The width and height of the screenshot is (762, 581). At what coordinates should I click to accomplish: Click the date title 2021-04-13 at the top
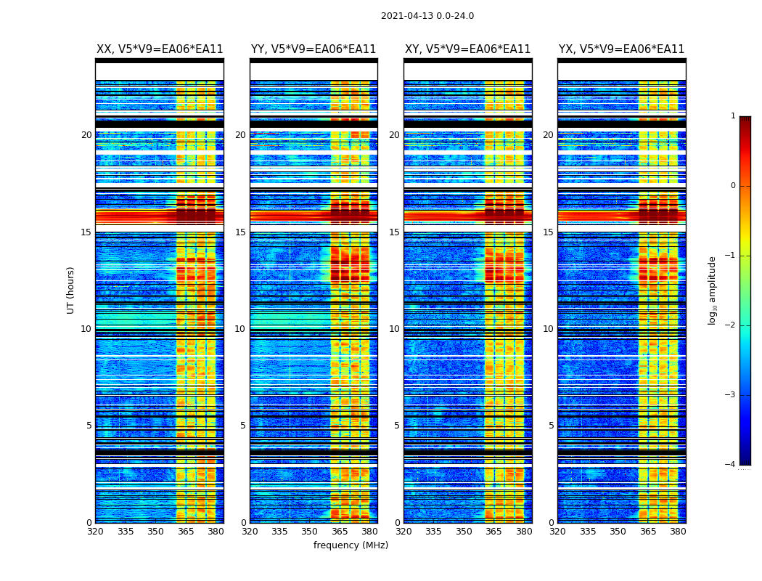pyautogui.click(x=427, y=16)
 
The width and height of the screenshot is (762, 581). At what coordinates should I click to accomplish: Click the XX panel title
pyautogui.click(x=160, y=49)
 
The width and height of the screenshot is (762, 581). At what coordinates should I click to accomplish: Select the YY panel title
pyautogui.click(x=314, y=49)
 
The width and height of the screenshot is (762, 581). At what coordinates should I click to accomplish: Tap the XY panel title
pyautogui.click(x=467, y=49)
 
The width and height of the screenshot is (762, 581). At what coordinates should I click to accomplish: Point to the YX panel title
pyautogui.click(x=621, y=49)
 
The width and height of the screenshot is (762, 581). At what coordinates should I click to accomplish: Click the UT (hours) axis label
pyautogui.click(x=71, y=290)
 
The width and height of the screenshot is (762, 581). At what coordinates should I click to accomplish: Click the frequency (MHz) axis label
pyautogui.click(x=351, y=545)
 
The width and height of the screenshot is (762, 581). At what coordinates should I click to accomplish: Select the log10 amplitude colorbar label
pyautogui.click(x=713, y=290)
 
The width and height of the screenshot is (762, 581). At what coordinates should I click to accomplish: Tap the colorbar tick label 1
pyautogui.click(x=732, y=116)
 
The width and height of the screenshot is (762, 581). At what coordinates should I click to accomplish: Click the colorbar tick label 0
pyautogui.click(x=732, y=186)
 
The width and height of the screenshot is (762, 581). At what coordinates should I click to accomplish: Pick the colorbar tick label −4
pyautogui.click(x=731, y=465)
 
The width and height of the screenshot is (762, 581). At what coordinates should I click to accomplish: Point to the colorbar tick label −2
pyautogui.click(x=731, y=325)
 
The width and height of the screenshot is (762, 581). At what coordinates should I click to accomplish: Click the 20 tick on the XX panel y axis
pyautogui.click(x=86, y=135)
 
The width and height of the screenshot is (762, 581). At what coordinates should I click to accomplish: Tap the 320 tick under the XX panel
pyautogui.click(x=95, y=532)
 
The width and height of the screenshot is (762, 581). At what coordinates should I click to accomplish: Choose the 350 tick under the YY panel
pyautogui.click(x=309, y=532)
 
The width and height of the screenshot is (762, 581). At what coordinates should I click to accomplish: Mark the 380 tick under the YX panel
pyautogui.click(x=678, y=532)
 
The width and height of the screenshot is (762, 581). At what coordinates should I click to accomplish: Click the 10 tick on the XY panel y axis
pyautogui.click(x=394, y=329)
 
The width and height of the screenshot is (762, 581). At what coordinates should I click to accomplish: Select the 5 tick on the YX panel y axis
pyautogui.click(x=551, y=426)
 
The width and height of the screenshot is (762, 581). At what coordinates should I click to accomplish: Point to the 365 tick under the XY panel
pyautogui.click(x=493, y=532)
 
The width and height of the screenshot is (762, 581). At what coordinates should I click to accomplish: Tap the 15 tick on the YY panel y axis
pyautogui.click(x=240, y=232)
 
